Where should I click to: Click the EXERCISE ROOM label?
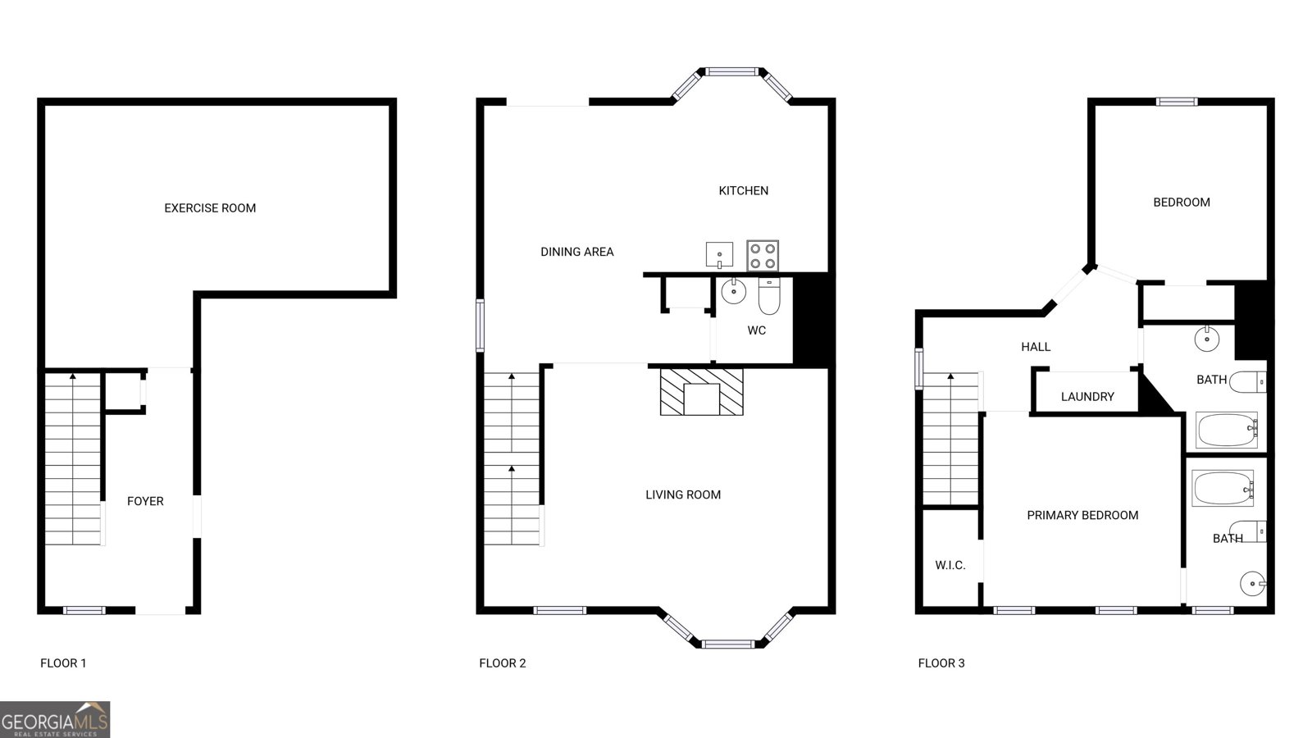click(210, 208)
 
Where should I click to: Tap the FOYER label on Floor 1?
click(145, 501)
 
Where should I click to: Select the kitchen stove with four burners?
click(763, 255)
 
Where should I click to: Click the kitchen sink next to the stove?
click(719, 254)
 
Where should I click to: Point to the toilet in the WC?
click(770, 296)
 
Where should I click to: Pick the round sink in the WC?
click(733, 290)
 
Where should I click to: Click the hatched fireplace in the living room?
click(701, 392)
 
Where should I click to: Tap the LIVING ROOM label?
click(683, 494)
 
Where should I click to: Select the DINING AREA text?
click(577, 252)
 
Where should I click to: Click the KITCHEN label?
click(744, 190)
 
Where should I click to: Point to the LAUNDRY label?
click(1087, 397)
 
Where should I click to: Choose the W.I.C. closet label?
click(950, 565)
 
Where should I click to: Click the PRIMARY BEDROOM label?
click(1082, 515)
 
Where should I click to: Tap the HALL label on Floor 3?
click(1036, 347)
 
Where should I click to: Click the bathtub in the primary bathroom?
click(1223, 488)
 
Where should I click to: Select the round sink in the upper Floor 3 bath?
click(1206, 338)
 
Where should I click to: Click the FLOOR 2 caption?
click(503, 663)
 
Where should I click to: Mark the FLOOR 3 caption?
click(941, 663)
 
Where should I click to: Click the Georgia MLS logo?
click(55, 720)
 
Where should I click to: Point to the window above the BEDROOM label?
click(1177, 102)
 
